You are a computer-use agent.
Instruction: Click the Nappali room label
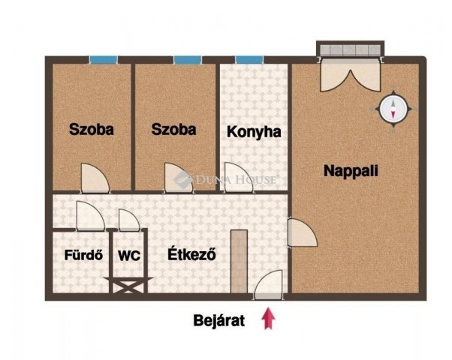click(351, 170)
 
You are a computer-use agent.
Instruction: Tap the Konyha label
click(254, 132)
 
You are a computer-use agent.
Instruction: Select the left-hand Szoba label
click(91, 129)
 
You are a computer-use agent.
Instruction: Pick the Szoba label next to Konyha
click(173, 129)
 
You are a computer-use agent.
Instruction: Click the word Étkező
click(192, 254)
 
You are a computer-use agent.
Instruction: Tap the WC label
click(128, 254)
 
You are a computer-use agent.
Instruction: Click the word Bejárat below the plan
click(218, 321)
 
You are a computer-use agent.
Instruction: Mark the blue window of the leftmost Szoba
click(103, 60)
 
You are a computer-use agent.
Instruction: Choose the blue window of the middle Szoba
click(187, 60)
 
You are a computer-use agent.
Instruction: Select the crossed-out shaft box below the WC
click(128, 286)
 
